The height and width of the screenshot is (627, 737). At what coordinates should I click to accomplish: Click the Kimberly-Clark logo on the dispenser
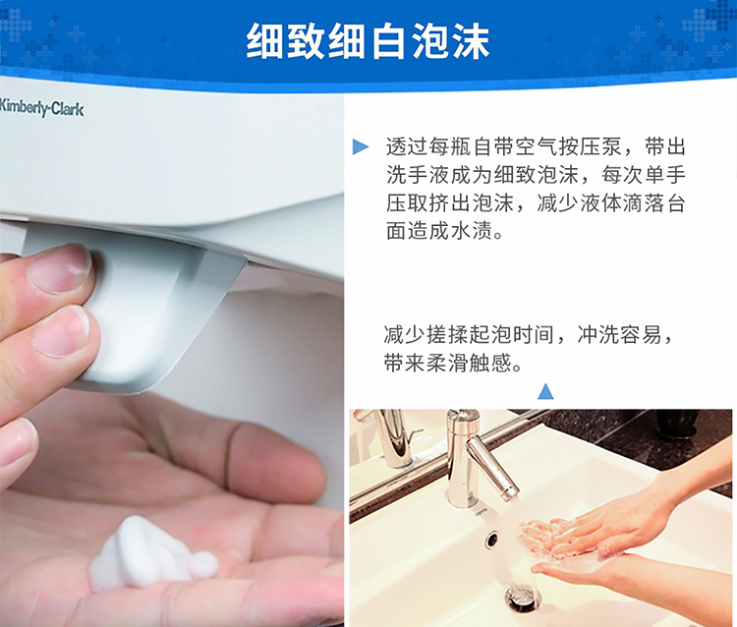pyautogui.click(x=41, y=108)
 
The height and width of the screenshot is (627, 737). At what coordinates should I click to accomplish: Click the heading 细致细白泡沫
pyautogui.click(x=368, y=42)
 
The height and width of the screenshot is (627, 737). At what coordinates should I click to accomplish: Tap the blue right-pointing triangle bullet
pyautogui.click(x=361, y=146)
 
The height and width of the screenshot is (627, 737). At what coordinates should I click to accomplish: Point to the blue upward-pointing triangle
pyautogui.click(x=545, y=391)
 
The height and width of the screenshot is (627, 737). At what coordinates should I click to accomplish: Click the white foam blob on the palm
pyautogui.click(x=151, y=553)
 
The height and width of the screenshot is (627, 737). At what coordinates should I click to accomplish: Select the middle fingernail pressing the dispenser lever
pyautogui.click(x=61, y=331)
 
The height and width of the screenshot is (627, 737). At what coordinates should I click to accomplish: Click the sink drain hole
pyautogui.click(x=523, y=598)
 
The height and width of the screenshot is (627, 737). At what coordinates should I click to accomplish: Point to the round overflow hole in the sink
pyautogui.click(x=492, y=540)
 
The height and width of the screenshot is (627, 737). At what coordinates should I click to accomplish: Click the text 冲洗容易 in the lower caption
pyautogui.click(x=619, y=335)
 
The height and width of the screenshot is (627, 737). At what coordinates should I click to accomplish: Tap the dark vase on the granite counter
pyautogui.click(x=677, y=423)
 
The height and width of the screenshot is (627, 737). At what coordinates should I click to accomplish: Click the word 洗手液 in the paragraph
pyautogui.click(x=418, y=175)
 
